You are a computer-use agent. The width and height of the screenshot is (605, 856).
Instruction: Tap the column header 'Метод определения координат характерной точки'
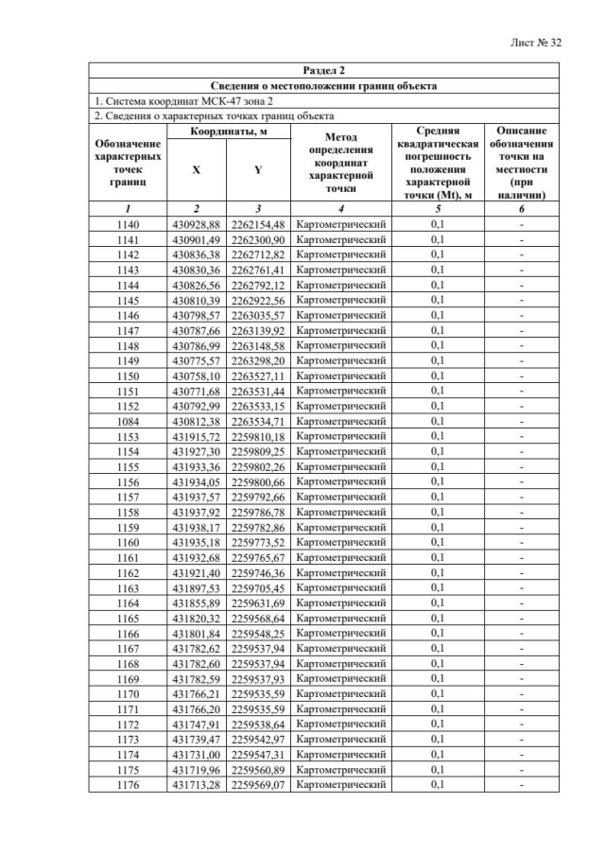[340, 163]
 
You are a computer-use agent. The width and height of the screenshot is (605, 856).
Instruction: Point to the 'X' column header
[196, 170]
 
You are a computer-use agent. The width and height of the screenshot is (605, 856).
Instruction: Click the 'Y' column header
[258, 170]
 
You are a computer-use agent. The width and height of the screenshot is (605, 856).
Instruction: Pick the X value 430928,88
[196, 224]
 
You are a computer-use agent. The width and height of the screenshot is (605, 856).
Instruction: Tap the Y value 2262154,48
[258, 224]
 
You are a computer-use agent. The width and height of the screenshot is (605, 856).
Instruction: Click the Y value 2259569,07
[258, 784]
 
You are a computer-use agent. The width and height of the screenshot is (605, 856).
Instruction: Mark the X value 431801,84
[196, 633]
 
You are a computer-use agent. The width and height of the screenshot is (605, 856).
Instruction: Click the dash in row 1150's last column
[521, 376]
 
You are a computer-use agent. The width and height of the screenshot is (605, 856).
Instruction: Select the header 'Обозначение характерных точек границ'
[128, 163]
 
